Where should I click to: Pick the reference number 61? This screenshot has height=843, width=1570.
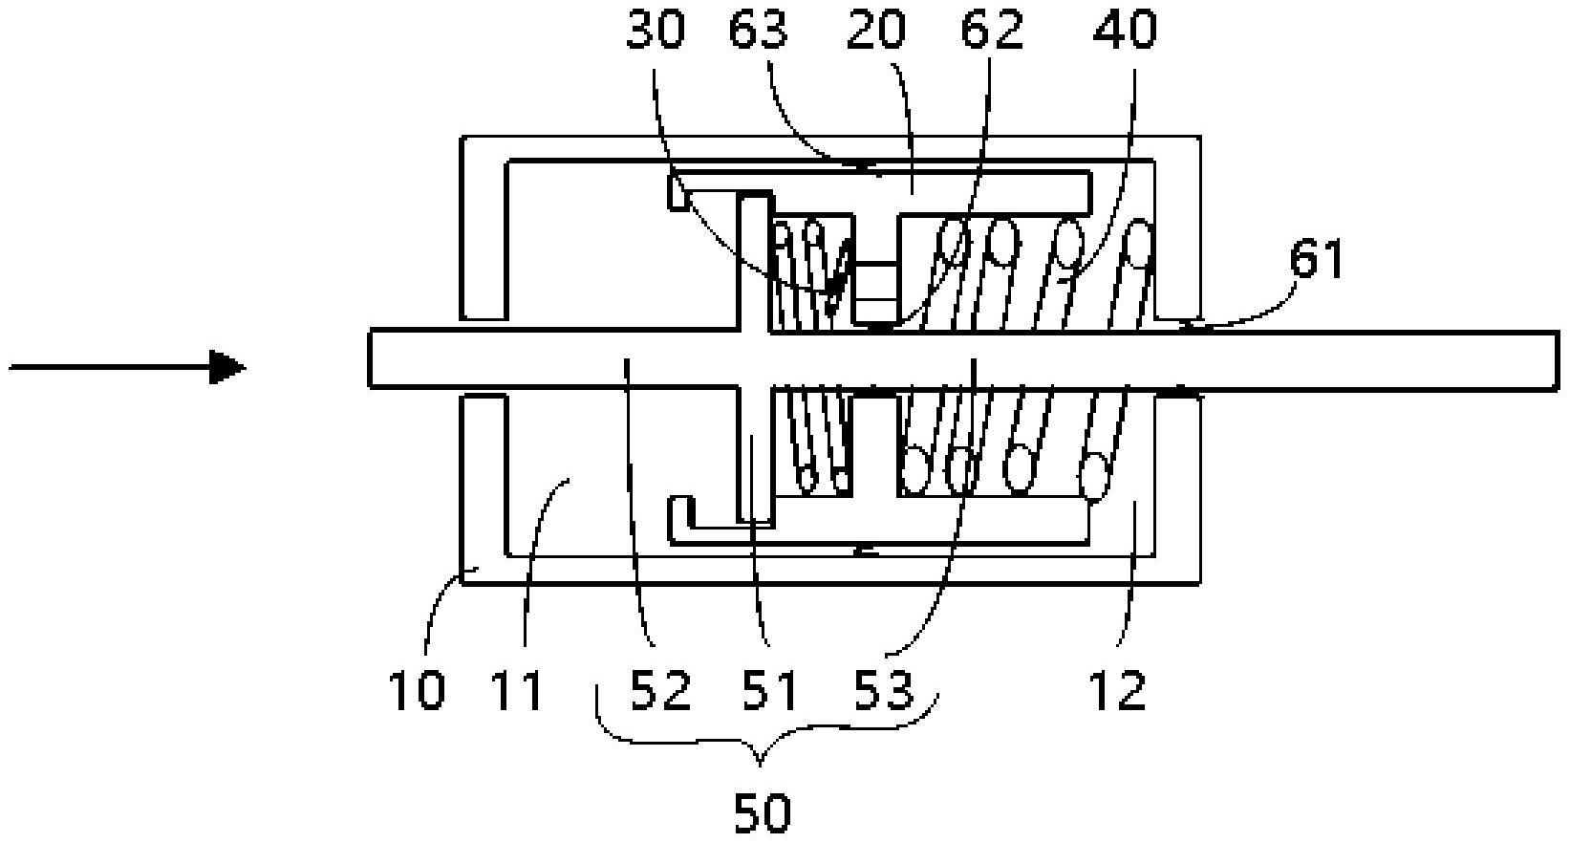(x=1317, y=259)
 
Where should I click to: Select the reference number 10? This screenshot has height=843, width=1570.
(x=418, y=689)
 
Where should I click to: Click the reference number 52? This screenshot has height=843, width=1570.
(x=660, y=689)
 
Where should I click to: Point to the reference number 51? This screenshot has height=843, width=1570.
(x=772, y=689)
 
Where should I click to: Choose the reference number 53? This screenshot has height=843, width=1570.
(x=885, y=689)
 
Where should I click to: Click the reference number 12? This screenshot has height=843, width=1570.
(x=1118, y=689)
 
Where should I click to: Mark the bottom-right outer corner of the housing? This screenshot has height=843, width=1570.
(x=1199, y=583)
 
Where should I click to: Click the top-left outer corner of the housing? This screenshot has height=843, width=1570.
(x=462, y=138)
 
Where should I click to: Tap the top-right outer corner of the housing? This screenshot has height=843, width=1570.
(x=1199, y=138)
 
